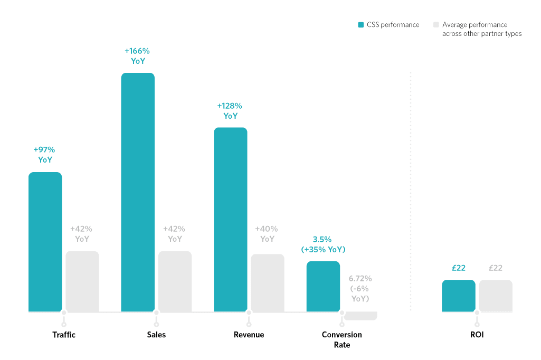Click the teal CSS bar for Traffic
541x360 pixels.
45,242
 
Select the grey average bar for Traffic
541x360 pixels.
82,281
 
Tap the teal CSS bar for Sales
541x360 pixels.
138,192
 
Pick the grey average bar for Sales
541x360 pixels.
175,281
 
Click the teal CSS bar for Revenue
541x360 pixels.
230,220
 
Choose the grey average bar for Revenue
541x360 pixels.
267,283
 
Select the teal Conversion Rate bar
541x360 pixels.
323,286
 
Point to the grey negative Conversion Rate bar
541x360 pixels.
360,316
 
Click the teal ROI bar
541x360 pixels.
458,296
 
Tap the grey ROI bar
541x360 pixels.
496,296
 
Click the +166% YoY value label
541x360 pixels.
137,56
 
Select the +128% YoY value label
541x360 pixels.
230,111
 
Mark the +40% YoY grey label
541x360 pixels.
267,234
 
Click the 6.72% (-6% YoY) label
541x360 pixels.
360,288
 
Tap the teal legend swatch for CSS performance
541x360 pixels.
361,25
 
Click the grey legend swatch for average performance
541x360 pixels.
436,25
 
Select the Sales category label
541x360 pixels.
156,335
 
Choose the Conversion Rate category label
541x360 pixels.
341,339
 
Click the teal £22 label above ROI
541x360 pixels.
458,268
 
